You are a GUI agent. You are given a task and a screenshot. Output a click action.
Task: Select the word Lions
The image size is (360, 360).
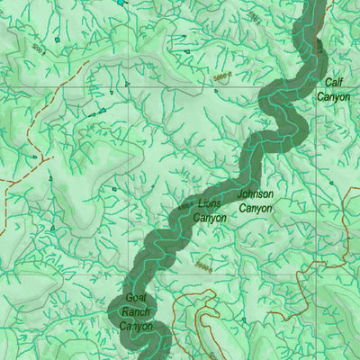[209, 204]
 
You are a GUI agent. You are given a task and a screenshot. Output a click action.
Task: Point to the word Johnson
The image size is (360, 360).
[255, 194]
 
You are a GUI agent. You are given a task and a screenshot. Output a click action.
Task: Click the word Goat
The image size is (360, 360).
[135, 298]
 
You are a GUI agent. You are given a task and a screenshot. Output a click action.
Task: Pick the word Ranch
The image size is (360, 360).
[136, 311]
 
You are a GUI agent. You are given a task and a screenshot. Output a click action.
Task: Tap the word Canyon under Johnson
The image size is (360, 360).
[255, 208]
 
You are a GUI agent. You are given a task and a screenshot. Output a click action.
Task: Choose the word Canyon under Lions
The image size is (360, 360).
[210, 218]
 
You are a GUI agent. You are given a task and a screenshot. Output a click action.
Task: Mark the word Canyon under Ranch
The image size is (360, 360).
[137, 326]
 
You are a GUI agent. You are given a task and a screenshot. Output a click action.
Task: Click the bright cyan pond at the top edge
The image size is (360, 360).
[122, 3]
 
